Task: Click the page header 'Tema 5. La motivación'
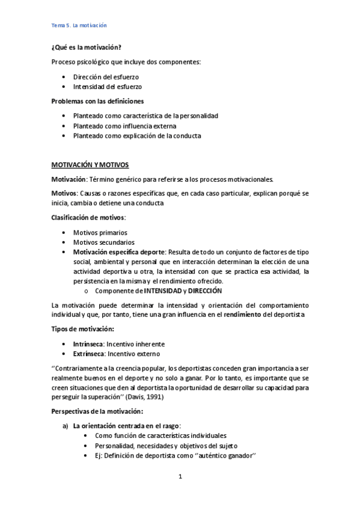[x=79, y=25]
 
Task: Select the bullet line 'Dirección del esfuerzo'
[x=106, y=77]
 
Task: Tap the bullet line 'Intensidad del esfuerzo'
[x=107, y=87]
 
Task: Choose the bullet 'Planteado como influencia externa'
[x=125, y=126]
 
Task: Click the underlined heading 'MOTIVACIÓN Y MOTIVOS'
[x=90, y=164]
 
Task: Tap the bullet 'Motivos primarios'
[x=100, y=232]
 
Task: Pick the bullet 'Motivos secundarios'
[x=104, y=242]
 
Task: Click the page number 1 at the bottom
[x=180, y=476]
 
